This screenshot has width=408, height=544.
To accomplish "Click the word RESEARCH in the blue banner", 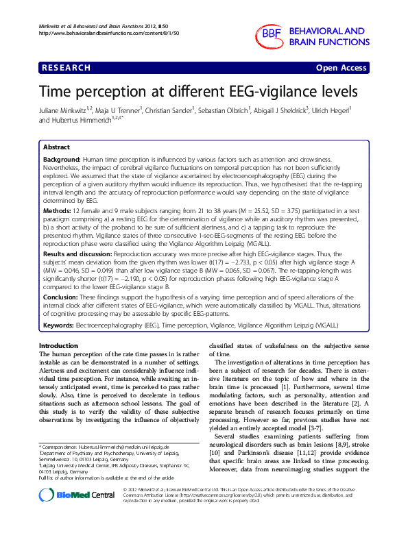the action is [67, 68].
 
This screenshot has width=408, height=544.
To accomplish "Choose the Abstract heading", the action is [56, 147].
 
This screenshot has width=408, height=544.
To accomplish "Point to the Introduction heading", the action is [59, 345].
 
